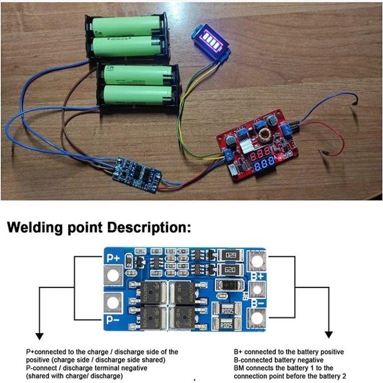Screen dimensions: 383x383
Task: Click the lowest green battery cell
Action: pyautogui.click(x=137, y=95)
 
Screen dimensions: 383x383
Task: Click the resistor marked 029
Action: pyautogui.click(x=230, y=255)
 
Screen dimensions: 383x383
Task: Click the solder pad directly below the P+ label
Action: pyautogui.click(x=113, y=275)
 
